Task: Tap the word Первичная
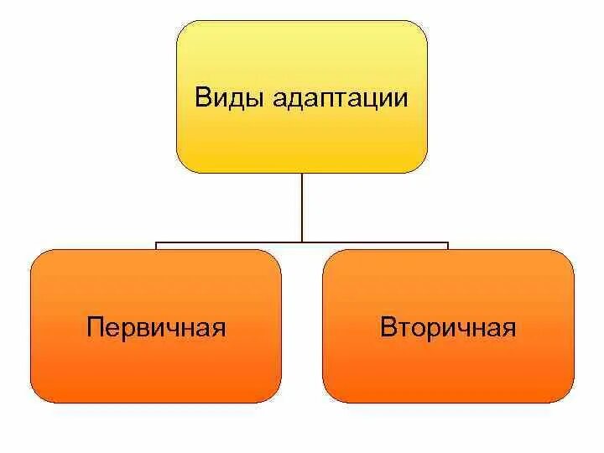pos(156,327)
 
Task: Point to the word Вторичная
pos(448,327)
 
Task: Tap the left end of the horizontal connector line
pos(157,245)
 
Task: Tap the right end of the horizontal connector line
pos(448,245)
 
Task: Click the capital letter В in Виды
pos(203,97)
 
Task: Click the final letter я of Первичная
pos(219,329)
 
